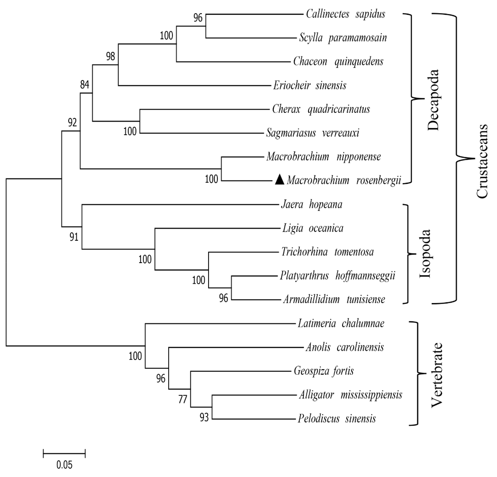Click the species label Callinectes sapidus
coord(345,14)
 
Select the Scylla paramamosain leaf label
coord(343,38)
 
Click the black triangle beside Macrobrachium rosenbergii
coord(280,180)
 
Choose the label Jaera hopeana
coord(312,204)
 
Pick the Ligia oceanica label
coord(313,228)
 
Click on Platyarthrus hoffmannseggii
coord(338,276)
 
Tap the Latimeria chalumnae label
coord(341,323)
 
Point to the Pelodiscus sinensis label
coord(336,418)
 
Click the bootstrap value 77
coord(183,400)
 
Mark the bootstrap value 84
coord(85,85)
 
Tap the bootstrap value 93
coord(204,417)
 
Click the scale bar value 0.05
coord(64,465)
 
